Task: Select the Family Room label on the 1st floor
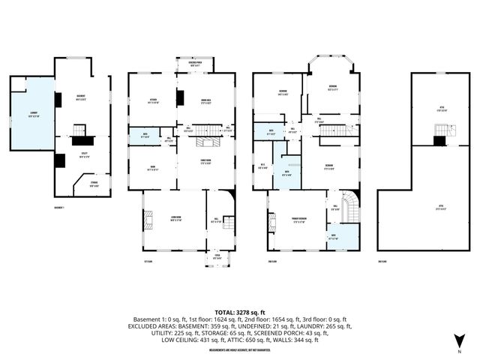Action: [x=199, y=162]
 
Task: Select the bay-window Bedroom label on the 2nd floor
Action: [x=331, y=87]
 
